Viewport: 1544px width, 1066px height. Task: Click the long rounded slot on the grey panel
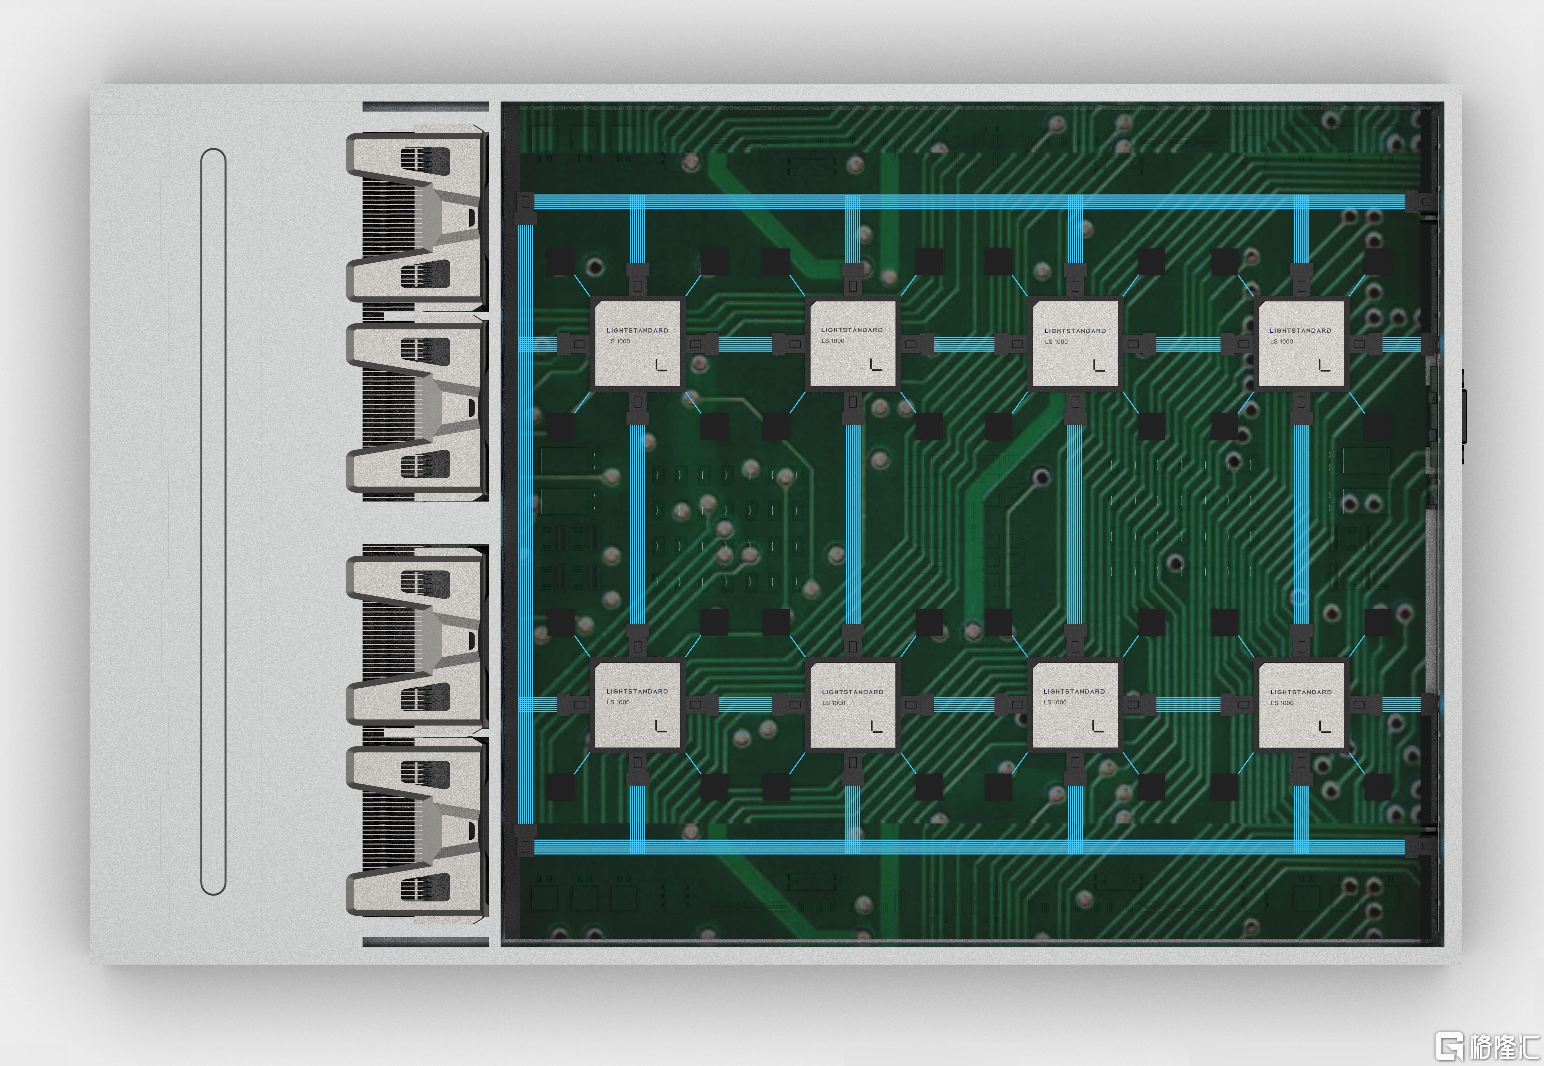click(213, 521)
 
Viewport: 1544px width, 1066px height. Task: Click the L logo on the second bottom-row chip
click(876, 726)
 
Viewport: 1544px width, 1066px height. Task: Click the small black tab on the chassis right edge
click(1463, 415)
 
